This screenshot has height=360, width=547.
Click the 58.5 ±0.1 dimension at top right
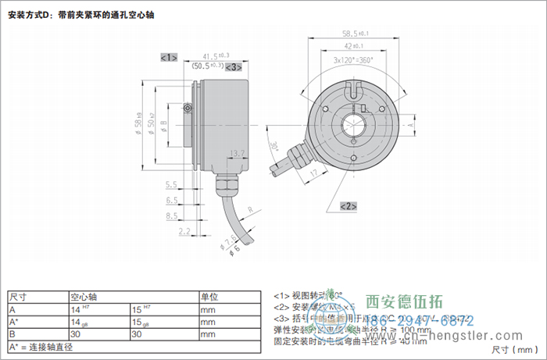click(356, 34)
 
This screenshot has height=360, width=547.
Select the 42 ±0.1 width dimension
click(356, 47)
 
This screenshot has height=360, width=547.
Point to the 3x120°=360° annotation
click(353, 60)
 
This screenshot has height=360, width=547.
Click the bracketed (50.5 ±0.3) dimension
click(208, 67)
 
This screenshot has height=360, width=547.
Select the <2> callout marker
click(349, 205)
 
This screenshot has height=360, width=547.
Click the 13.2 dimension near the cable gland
click(238, 154)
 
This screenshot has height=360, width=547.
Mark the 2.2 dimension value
click(184, 232)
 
